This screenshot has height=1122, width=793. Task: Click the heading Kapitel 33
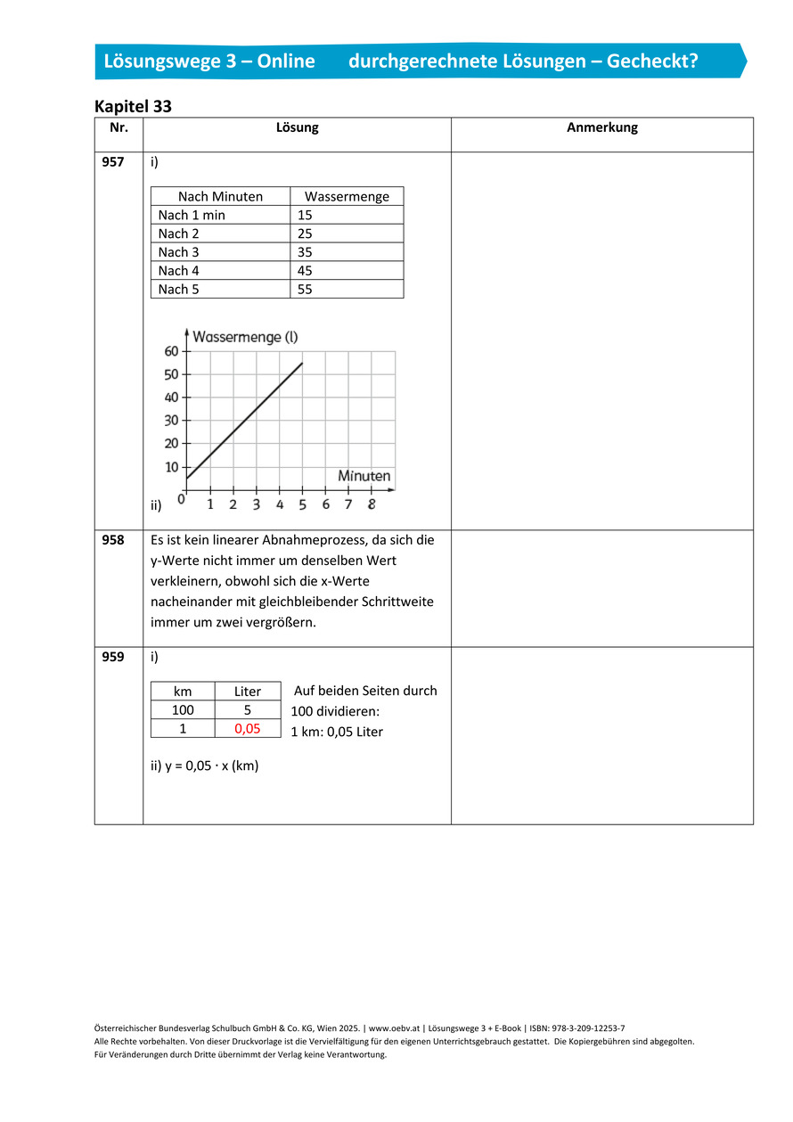pyautogui.click(x=133, y=106)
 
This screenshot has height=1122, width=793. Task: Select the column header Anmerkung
pyautogui.click(x=601, y=127)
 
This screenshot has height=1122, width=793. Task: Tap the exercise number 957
pyautogui.click(x=113, y=162)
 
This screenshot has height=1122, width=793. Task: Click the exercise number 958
pyautogui.click(x=113, y=540)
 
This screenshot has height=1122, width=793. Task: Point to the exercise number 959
pyautogui.click(x=113, y=657)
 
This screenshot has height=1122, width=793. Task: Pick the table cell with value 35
pyautogui.click(x=305, y=252)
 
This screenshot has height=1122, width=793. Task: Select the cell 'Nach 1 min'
pyautogui.click(x=192, y=215)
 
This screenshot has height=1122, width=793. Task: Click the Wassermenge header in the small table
pyautogui.click(x=347, y=196)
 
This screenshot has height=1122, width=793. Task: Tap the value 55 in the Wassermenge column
pyautogui.click(x=305, y=289)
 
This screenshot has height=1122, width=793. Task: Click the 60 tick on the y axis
pyautogui.click(x=171, y=351)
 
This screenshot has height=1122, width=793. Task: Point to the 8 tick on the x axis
pyautogui.click(x=371, y=504)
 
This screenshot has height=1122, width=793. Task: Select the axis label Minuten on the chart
pyautogui.click(x=364, y=476)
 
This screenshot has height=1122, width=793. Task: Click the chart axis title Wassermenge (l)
pyautogui.click(x=245, y=337)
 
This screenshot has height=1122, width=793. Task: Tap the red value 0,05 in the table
pyautogui.click(x=248, y=728)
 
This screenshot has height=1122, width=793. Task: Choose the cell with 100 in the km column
pyautogui.click(x=183, y=710)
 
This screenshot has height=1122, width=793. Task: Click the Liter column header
pyautogui.click(x=248, y=692)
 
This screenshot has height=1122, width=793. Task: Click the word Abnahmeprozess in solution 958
pyautogui.click(x=309, y=540)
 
